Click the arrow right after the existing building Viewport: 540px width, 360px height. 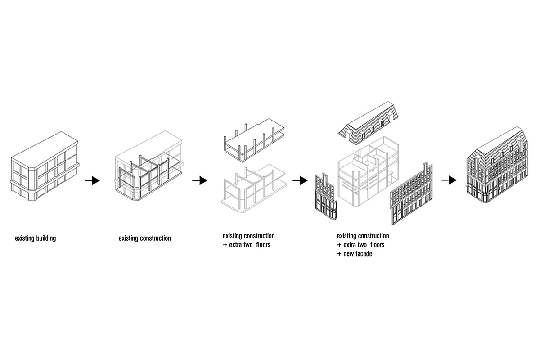pyautogui.click(x=92, y=180)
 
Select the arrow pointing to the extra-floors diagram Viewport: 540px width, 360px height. pyautogui.click(x=200, y=180)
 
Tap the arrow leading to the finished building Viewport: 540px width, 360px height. pyautogui.click(x=449, y=180)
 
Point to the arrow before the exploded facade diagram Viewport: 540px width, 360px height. pyautogui.click(x=300, y=180)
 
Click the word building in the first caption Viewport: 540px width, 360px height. pyautogui.click(x=46, y=238)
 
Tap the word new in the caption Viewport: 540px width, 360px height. pyautogui.click(x=348, y=254)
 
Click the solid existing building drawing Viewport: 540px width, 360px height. pyautogui.click(x=45, y=166)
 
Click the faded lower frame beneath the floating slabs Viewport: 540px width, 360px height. pyautogui.click(x=254, y=189)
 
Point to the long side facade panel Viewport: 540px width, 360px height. pyautogui.click(x=411, y=193)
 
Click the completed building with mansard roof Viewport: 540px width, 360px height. pyautogui.click(x=497, y=165)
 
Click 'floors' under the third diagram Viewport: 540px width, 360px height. pyautogui.click(x=263, y=245)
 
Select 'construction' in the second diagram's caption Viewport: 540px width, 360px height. pyautogui.click(x=155, y=238)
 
